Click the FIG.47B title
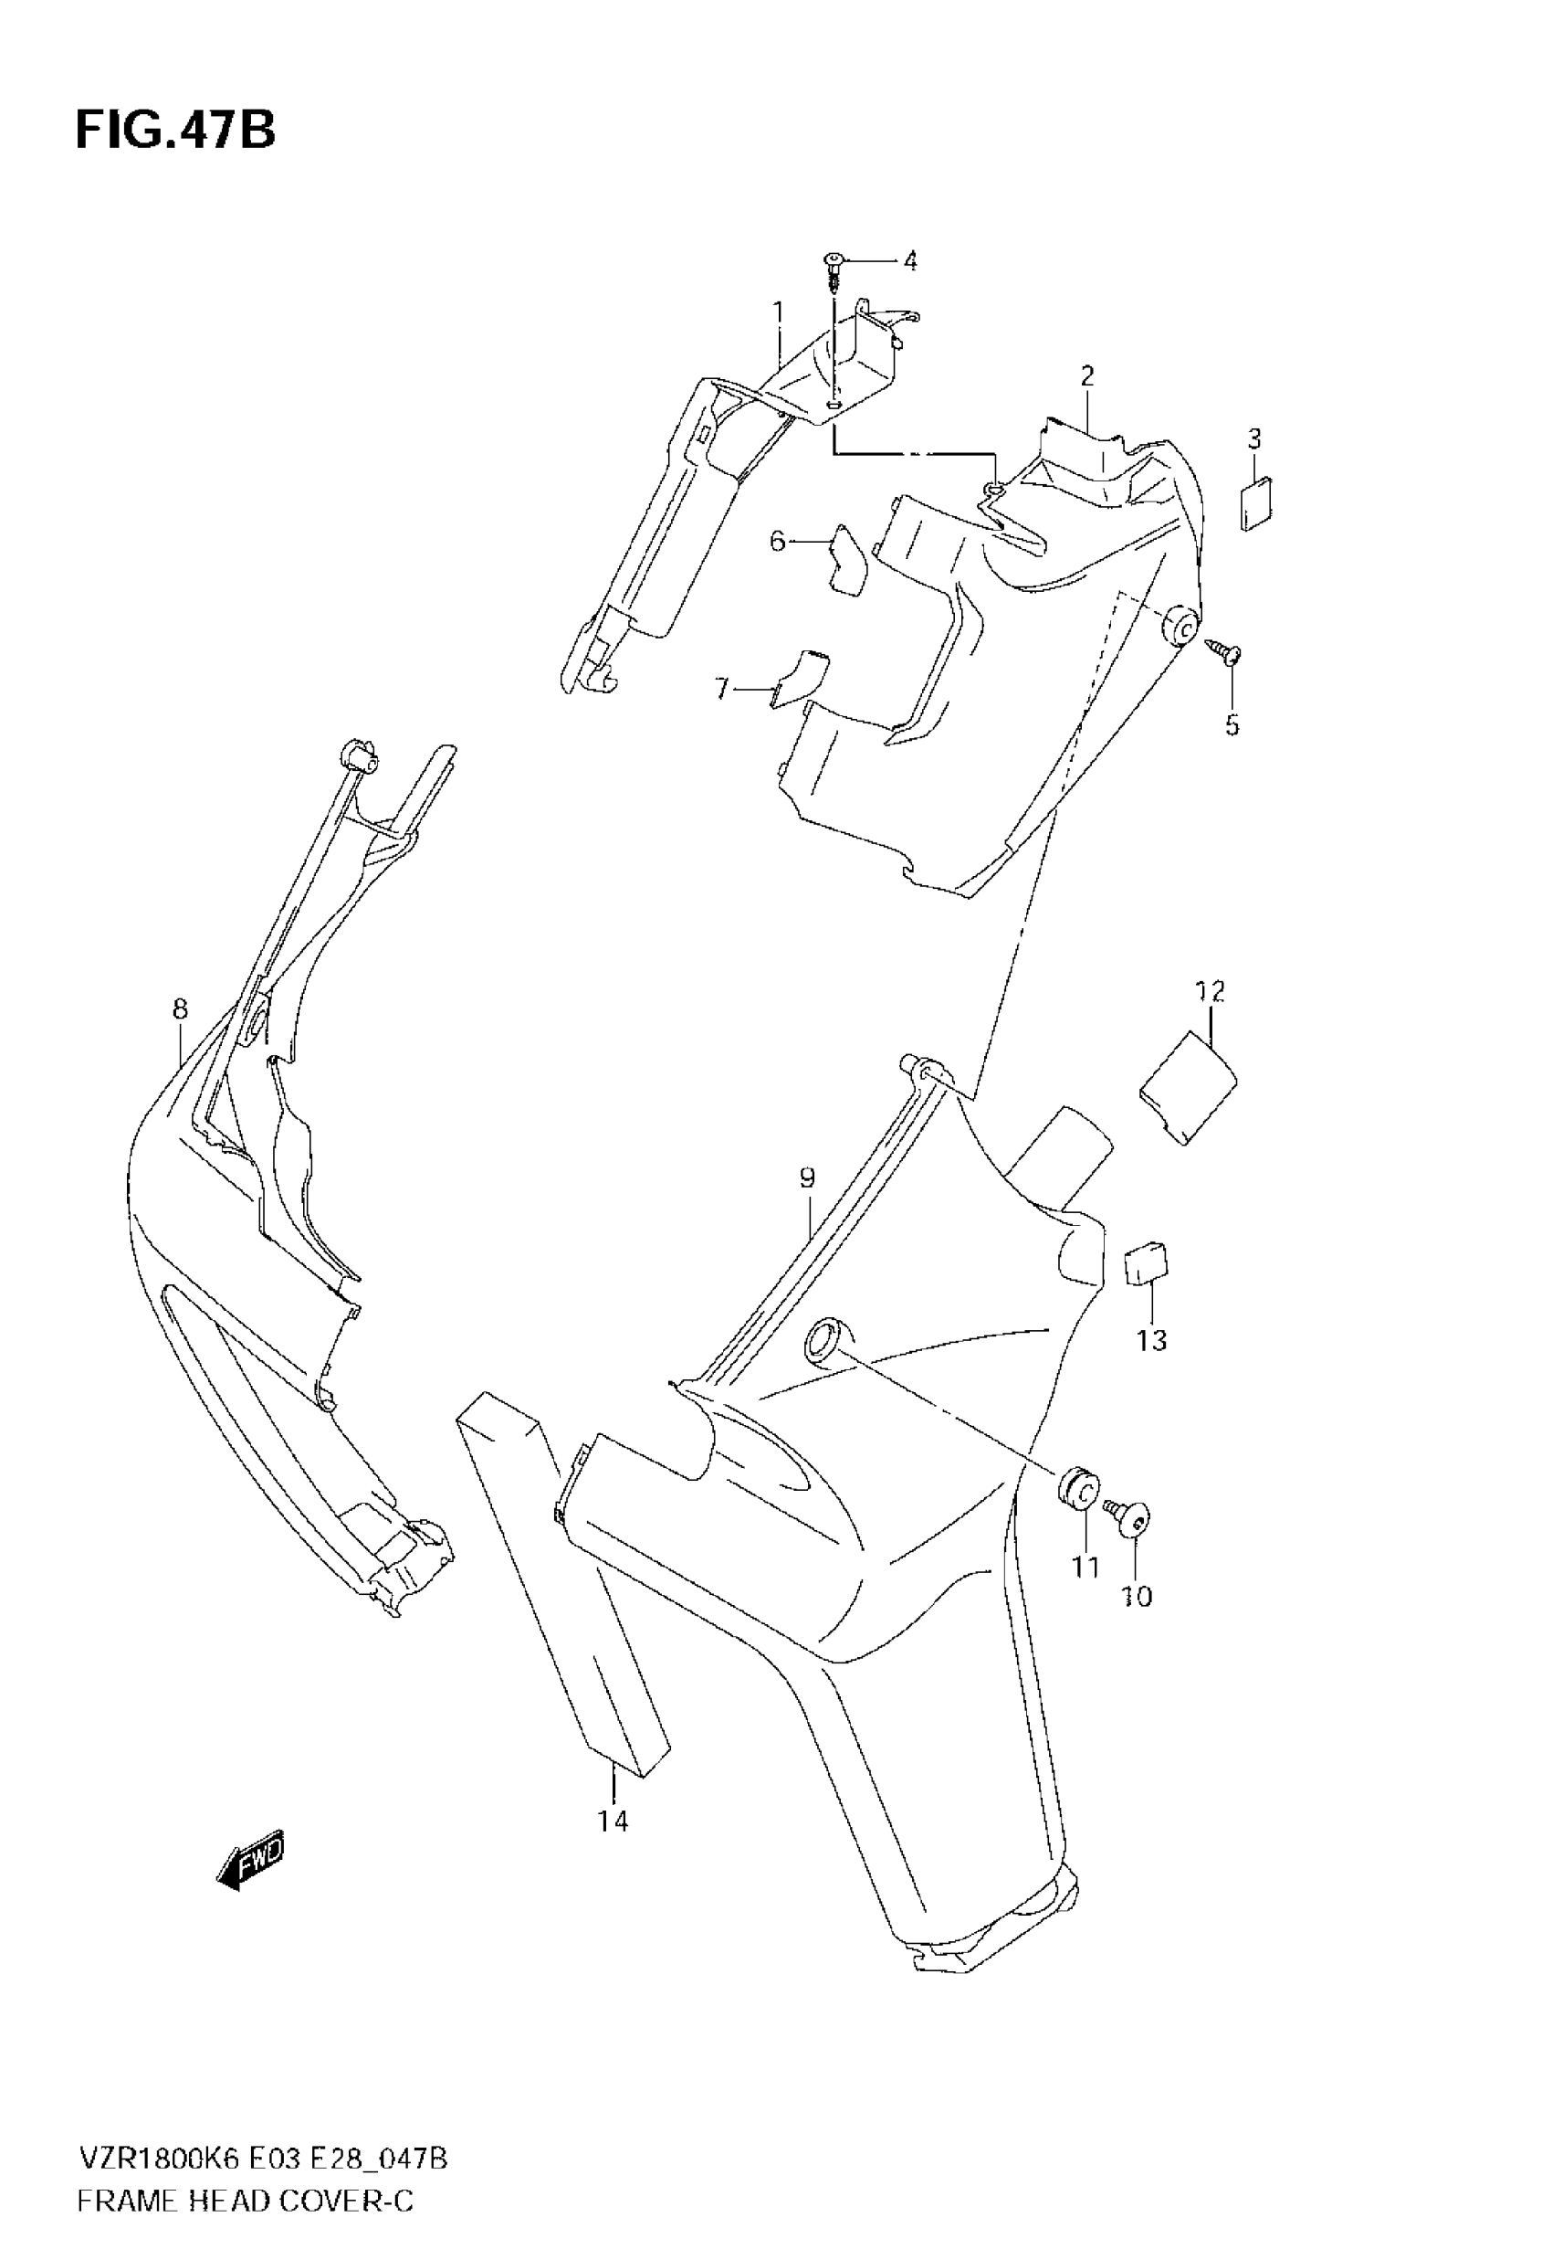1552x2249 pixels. point(175,130)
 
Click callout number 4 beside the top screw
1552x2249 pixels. point(910,260)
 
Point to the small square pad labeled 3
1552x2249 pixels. point(1256,505)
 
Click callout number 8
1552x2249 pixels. point(180,1009)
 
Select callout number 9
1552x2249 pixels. point(807,1178)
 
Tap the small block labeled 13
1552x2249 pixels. point(1148,1263)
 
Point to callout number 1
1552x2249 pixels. point(778,311)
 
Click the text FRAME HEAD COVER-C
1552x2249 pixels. point(245,2174)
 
